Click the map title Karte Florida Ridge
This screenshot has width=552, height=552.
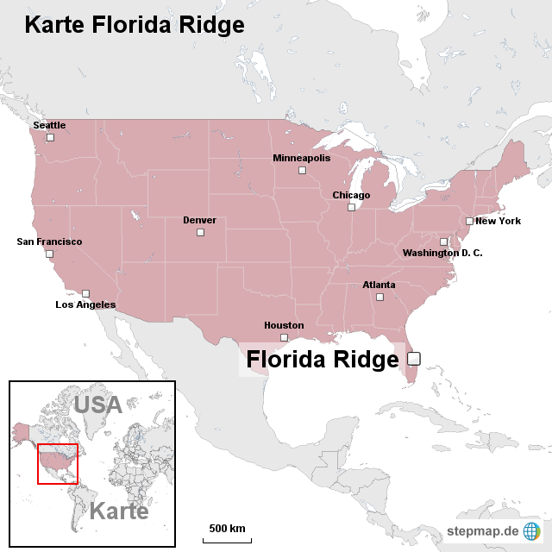click(x=134, y=25)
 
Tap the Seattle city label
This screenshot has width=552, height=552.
click(x=49, y=125)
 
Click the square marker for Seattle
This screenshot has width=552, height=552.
click(x=50, y=137)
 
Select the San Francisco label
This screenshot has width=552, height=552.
click(x=49, y=241)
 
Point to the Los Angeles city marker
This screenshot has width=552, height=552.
click(x=85, y=293)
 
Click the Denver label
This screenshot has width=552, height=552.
click(x=199, y=220)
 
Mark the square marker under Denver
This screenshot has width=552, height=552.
click(x=200, y=232)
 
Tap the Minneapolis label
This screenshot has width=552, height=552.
click(x=301, y=158)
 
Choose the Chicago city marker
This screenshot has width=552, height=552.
click(x=351, y=207)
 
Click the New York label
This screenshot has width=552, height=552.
click(x=498, y=221)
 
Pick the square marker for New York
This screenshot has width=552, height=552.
click(x=470, y=221)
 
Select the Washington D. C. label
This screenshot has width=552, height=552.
click(x=442, y=253)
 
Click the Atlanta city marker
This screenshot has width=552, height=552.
click(x=379, y=297)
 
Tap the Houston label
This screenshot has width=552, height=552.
click(x=284, y=325)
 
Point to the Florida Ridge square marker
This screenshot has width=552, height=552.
click(x=413, y=358)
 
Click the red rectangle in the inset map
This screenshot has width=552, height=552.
click(x=58, y=465)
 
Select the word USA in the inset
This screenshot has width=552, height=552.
click(x=97, y=404)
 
